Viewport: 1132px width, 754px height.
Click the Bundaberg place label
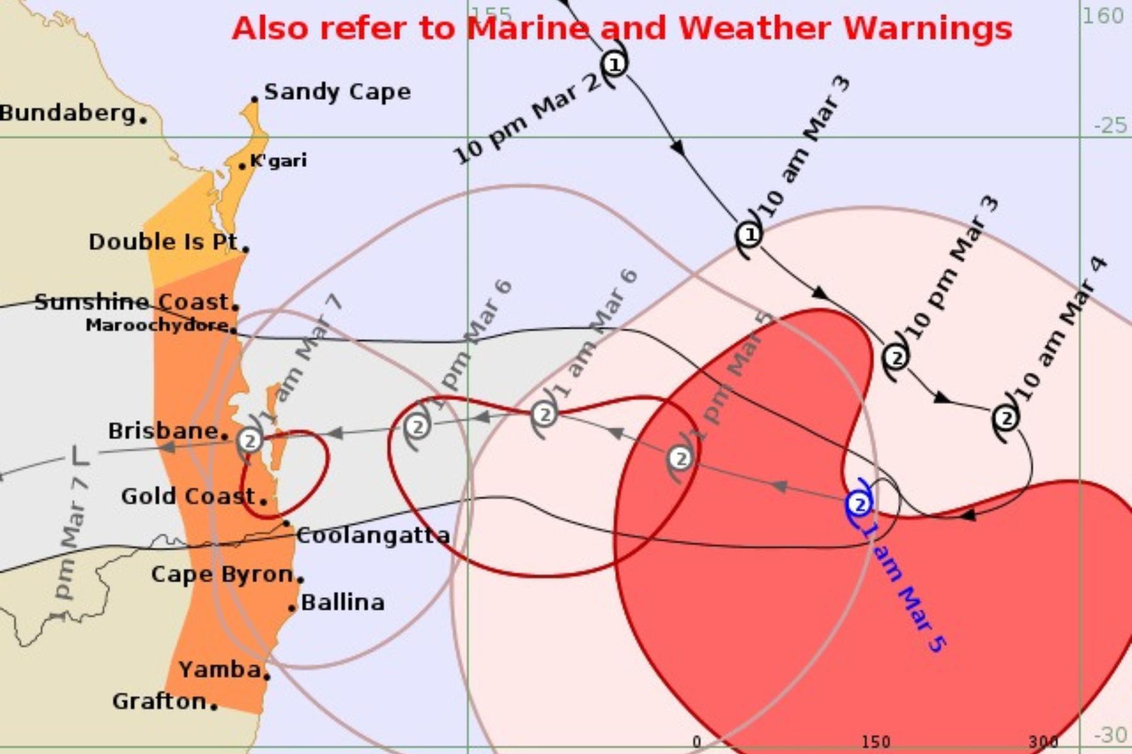coord(68,113)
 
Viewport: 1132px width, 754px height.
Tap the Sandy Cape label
coord(337,92)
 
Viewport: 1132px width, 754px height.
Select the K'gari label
coord(279,160)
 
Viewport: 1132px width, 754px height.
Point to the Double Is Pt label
coord(164,242)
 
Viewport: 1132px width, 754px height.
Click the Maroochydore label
coord(157,325)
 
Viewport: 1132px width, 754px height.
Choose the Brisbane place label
coord(164,431)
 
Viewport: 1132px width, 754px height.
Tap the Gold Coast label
coord(188,496)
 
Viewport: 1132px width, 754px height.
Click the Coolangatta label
coord(373,535)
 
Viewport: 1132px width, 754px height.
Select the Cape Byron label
coord(222,574)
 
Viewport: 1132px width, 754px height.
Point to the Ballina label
coord(343,603)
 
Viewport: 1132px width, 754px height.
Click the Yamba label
coord(220,670)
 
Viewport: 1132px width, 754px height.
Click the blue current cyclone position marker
coord(859,504)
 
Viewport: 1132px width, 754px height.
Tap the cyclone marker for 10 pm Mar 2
coord(614,63)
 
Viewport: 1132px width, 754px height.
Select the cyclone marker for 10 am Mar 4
coord(1006,418)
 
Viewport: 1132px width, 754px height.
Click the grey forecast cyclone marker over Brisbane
coord(250,440)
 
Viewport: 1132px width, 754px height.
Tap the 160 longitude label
coord(1102,16)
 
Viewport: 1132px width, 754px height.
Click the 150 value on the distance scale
coord(875,742)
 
